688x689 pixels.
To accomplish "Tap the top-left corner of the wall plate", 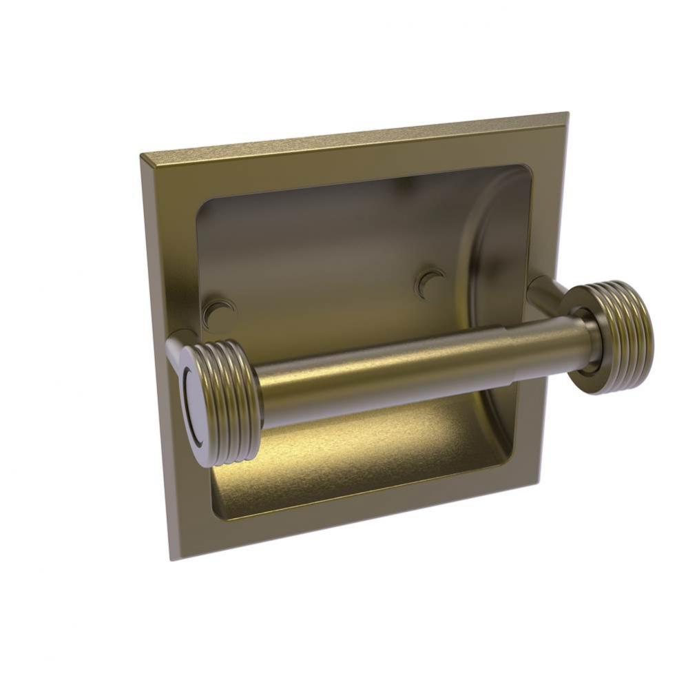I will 142,156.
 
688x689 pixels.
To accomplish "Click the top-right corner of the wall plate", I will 567,114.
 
